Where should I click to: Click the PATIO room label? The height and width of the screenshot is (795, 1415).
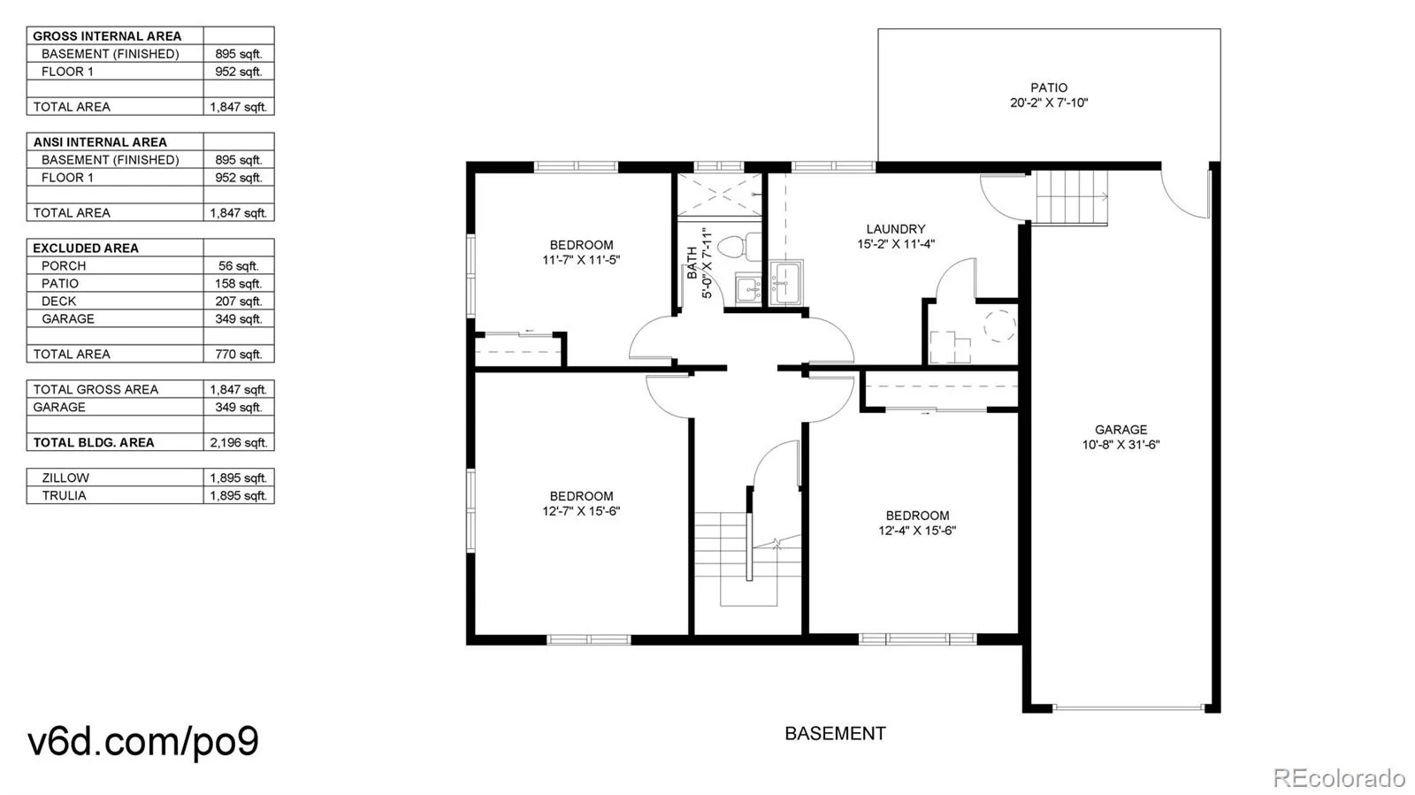click(1049, 88)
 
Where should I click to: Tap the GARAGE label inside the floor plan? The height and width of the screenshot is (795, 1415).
click(1121, 430)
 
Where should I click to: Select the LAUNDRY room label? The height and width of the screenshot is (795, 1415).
click(896, 228)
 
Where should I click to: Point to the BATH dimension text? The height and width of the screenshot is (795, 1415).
click(707, 264)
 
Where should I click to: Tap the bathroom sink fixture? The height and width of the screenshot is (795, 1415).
click(748, 289)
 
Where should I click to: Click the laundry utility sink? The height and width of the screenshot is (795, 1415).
click(786, 282)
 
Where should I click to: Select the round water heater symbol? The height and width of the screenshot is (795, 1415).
click(999, 325)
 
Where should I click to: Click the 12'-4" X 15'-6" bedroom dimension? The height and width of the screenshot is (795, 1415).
click(916, 531)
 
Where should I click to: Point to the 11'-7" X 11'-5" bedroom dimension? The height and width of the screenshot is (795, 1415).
click(581, 259)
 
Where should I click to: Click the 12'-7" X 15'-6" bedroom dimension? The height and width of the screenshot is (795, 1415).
click(581, 511)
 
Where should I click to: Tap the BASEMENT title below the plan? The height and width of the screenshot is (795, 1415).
click(835, 733)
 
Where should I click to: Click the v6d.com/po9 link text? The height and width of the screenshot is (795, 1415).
click(142, 741)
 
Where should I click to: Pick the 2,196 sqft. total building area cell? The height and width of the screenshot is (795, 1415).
click(239, 443)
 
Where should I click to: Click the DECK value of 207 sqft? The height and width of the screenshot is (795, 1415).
click(239, 302)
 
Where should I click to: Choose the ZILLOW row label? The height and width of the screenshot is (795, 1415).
click(65, 478)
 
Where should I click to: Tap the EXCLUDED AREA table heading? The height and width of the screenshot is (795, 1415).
click(86, 248)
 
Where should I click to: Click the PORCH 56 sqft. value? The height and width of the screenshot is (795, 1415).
click(239, 266)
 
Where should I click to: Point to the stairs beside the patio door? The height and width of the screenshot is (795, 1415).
click(1071, 197)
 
